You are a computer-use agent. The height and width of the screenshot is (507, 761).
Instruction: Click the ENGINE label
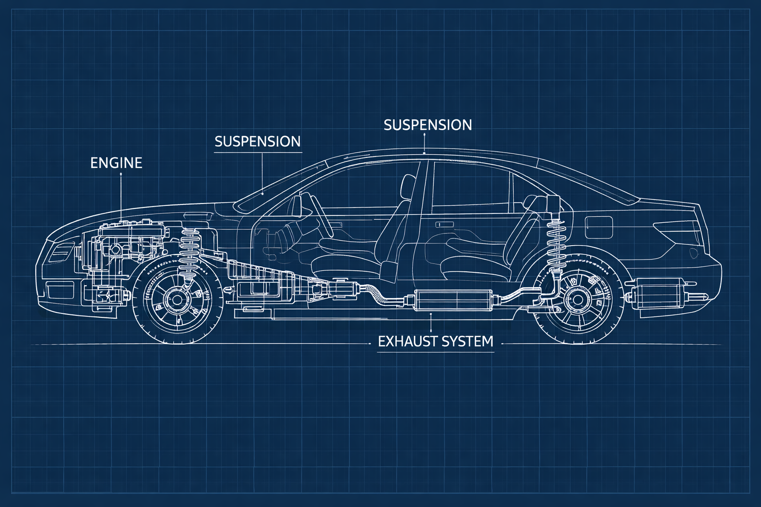click(x=116, y=163)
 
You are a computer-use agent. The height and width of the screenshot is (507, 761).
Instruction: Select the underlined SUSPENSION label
click(x=258, y=142)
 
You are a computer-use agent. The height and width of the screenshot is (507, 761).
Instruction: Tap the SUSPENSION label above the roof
click(x=428, y=125)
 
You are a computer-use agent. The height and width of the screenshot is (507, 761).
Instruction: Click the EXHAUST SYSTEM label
click(x=435, y=341)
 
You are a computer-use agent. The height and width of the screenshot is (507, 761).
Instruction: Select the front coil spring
click(x=188, y=245)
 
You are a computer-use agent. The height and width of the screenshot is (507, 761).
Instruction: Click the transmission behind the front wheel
click(x=263, y=282)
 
